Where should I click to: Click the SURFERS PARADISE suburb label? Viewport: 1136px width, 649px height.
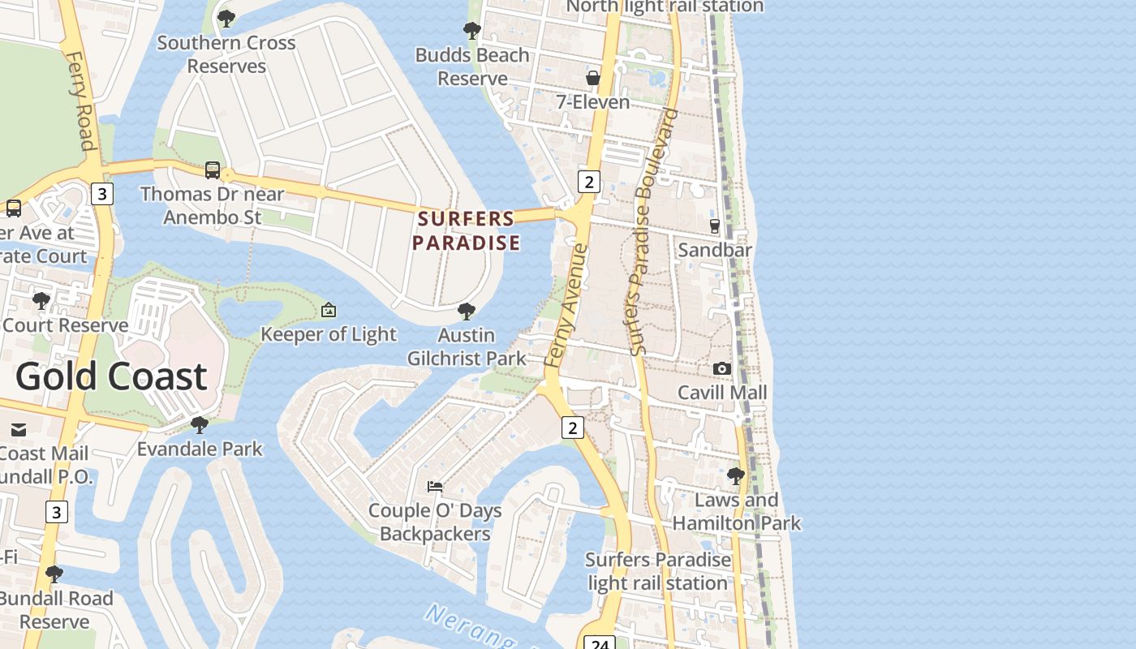point(466,230)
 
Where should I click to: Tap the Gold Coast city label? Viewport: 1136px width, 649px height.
point(111,376)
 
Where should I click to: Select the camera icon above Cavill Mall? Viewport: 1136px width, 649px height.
point(721,368)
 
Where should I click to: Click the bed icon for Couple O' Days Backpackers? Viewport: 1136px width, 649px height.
point(435,487)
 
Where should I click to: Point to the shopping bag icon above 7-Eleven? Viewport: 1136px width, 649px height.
point(593,78)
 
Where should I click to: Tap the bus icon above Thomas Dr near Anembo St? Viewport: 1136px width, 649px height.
point(213,170)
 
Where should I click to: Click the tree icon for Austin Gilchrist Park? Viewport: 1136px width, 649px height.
point(466,311)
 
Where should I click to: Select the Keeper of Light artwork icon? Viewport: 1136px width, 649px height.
point(329,310)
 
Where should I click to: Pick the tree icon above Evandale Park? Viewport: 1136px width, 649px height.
point(200,424)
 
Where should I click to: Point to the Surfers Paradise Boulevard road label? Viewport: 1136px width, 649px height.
point(653,231)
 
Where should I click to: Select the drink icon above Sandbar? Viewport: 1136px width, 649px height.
point(715,226)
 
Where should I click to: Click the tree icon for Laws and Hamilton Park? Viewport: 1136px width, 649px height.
point(736,475)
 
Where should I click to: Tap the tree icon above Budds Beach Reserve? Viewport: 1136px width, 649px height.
point(471,31)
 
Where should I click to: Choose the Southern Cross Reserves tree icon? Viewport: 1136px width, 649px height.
point(226,18)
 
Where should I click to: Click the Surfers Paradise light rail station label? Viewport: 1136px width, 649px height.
point(657,571)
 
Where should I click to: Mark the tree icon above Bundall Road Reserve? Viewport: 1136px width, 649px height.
point(54,574)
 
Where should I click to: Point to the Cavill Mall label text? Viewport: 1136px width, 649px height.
point(722,393)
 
